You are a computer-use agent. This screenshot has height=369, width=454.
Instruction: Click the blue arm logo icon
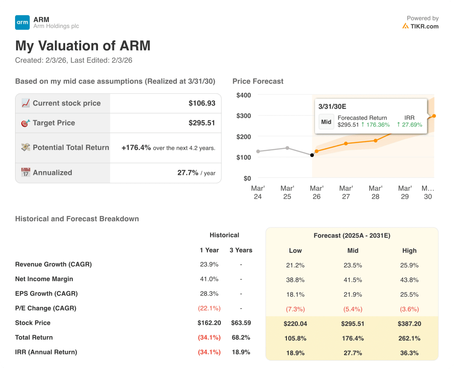pyautogui.click(x=22, y=23)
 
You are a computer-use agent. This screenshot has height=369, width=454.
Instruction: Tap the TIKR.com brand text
pyautogui.click(x=424, y=26)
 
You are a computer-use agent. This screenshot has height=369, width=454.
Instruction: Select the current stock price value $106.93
pyautogui.click(x=202, y=103)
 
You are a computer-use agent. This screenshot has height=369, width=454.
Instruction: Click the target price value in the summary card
pyautogui.click(x=202, y=123)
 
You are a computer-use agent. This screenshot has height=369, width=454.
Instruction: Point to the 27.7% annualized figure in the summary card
pyautogui.click(x=188, y=173)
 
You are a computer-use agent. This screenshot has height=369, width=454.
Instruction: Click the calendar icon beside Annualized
pyautogui.click(x=26, y=173)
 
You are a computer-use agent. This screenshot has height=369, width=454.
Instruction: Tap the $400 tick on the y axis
pyautogui.click(x=243, y=95)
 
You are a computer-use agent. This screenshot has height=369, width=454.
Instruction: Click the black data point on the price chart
pyautogui.click(x=312, y=155)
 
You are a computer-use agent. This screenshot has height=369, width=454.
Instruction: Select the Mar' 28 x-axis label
pyautogui.click(x=376, y=192)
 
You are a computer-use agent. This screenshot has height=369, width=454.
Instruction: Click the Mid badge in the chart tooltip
pyautogui.click(x=326, y=122)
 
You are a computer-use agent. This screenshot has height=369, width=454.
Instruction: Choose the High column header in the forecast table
pyautogui.click(x=409, y=251)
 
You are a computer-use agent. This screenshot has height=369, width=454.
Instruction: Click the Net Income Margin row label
pyautogui.click(x=44, y=279)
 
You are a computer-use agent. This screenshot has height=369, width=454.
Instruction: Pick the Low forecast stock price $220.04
pyautogui.click(x=295, y=324)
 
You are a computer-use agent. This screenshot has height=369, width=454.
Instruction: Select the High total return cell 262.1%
pyautogui.click(x=409, y=338)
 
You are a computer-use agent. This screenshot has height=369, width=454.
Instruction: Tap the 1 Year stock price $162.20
pyautogui.click(x=210, y=323)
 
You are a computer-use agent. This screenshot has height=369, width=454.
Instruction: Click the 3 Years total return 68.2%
pyautogui.click(x=241, y=338)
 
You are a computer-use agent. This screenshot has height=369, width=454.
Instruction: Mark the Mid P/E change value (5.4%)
pyautogui.click(x=353, y=309)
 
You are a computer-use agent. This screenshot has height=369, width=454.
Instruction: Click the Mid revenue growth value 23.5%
pyautogui.click(x=353, y=265)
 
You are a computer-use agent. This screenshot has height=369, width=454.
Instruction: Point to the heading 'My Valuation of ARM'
pyautogui.click(x=83, y=46)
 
